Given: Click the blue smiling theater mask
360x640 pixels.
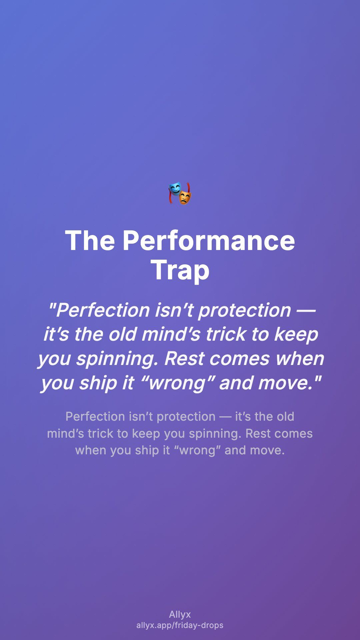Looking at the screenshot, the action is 175,189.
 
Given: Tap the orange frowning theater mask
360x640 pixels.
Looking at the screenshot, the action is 185,198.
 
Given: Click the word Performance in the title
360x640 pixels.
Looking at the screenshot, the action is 209,241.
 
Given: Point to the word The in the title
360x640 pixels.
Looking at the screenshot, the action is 90,240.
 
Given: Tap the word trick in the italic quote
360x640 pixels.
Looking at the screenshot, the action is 226,334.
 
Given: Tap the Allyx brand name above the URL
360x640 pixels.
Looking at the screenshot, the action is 180,614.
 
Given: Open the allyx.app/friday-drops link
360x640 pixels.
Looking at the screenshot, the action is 180,625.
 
